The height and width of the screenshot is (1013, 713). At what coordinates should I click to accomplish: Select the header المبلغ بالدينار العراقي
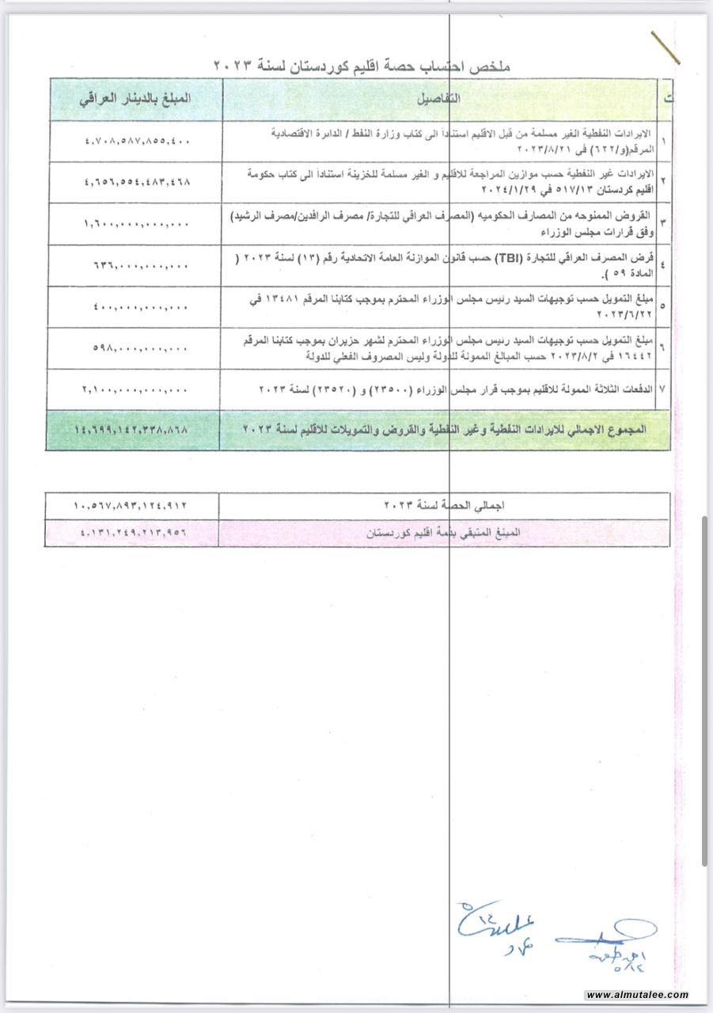click(x=136, y=101)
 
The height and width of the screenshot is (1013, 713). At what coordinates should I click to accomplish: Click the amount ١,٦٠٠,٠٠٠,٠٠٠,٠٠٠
click(x=136, y=224)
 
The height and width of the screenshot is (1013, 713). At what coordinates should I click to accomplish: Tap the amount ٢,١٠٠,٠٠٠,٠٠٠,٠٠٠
click(x=136, y=389)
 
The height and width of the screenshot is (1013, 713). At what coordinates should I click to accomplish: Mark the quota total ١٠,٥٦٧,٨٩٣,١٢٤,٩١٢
click(x=132, y=504)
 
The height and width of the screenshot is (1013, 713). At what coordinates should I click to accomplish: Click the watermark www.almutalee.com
click(x=638, y=995)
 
